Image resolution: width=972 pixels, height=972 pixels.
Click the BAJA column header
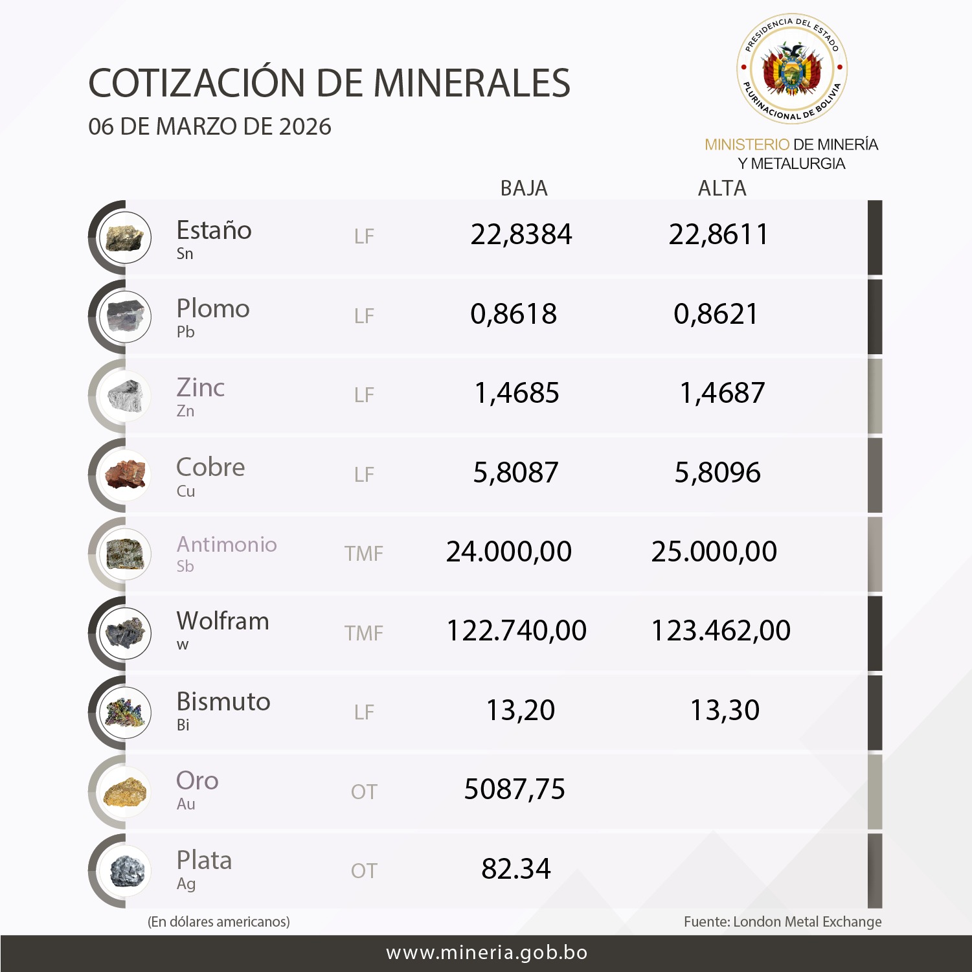(524, 188)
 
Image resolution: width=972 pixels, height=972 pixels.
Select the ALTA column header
(722, 188)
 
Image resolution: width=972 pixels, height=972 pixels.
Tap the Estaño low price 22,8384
(521, 234)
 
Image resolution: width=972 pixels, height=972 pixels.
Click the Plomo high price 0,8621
(716, 314)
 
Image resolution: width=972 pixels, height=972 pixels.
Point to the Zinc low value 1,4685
(517, 393)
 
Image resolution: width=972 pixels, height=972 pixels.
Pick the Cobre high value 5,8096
(718, 473)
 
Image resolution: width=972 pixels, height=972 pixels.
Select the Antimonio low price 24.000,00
(509, 552)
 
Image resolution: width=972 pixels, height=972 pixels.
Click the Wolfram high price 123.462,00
(721, 631)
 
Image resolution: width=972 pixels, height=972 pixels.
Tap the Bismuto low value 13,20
(521, 710)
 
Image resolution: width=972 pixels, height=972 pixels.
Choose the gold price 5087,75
(515, 789)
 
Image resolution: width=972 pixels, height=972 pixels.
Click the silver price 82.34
(516, 869)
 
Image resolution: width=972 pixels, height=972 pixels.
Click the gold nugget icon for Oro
(126, 792)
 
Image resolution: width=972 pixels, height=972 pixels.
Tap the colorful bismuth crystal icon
(126, 712)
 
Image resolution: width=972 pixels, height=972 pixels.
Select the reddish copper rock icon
(126, 475)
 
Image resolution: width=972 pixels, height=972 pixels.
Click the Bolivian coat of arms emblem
(792, 69)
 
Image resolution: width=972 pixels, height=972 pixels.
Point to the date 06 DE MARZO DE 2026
(210, 127)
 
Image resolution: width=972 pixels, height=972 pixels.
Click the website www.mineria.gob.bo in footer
(487, 953)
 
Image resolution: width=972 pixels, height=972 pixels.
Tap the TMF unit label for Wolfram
(364, 633)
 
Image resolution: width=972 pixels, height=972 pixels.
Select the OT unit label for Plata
(364, 871)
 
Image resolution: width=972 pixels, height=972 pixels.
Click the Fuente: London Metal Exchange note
(782, 921)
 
